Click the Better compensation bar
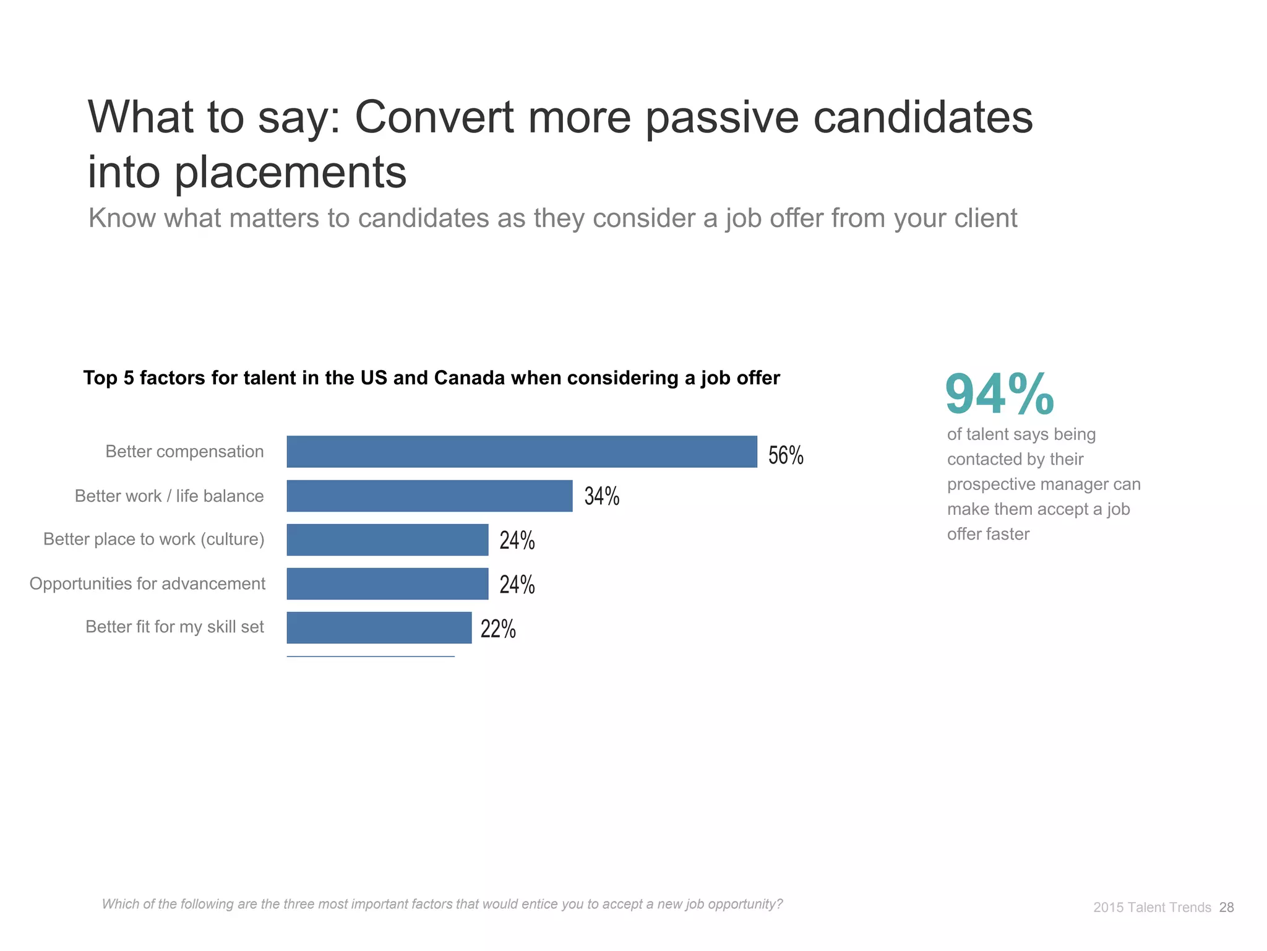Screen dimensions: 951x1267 [x=522, y=452]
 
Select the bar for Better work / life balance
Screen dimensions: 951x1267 [x=429, y=496]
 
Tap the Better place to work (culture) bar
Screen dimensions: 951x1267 [x=387, y=540]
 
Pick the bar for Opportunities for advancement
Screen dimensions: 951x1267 [x=387, y=583]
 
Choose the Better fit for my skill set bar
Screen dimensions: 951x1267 [x=379, y=627]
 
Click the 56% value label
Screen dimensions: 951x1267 [x=786, y=455]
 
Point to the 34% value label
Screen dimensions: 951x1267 [x=602, y=496]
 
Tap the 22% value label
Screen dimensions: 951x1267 [x=498, y=629]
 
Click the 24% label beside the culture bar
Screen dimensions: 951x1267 [x=517, y=541]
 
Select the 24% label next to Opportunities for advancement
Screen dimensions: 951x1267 [x=517, y=585]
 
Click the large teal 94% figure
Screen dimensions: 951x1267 [x=999, y=394]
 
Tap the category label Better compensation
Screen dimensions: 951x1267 [x=184, y=452]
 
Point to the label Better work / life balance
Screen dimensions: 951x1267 [x=169, y=496]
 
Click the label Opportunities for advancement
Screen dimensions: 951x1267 [x=147, y=583]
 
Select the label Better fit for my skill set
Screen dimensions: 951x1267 [x=174, y=627]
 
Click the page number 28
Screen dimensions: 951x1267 [x=1226, y=907]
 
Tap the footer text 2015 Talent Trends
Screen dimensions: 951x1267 [x=1152, y=907]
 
